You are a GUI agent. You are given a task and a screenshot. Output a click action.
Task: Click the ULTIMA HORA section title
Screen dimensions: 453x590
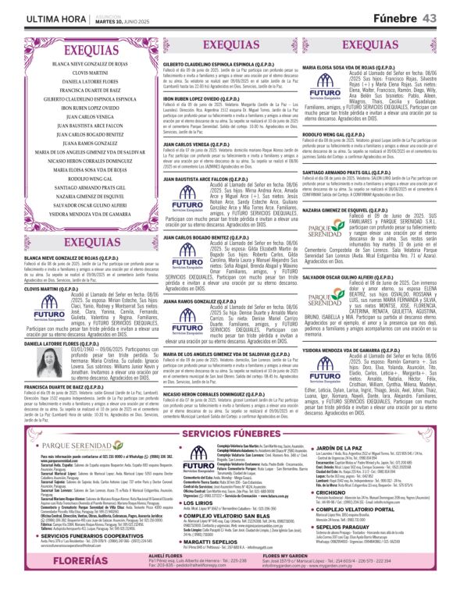click(36, 17)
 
